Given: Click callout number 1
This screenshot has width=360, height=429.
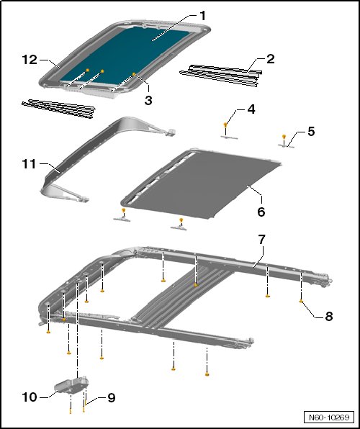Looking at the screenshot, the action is [202, 16].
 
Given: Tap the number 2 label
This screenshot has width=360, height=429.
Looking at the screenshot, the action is [270, 59].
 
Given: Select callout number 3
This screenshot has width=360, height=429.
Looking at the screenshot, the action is [148, 100].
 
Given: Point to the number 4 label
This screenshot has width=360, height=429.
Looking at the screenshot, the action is [251, 109].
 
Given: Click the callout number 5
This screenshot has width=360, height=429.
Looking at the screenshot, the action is [311, 131].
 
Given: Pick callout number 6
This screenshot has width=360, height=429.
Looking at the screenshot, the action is [261, 212].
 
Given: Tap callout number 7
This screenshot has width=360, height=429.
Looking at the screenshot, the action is [261, 240].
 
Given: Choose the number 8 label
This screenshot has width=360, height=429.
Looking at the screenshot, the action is [328, 316].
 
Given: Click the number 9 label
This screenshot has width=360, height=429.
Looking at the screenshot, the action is [111, 398].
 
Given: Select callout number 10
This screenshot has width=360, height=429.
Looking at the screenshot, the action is [30, 397].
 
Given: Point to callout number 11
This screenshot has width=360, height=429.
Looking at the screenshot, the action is [29, 164].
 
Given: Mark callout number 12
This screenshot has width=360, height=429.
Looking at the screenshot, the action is [30, 59].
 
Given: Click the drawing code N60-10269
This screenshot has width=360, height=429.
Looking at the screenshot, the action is [329, 417].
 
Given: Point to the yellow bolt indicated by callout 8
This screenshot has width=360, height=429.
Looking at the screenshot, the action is [301, 301].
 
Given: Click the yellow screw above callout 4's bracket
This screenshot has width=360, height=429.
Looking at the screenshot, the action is [225, 125].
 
